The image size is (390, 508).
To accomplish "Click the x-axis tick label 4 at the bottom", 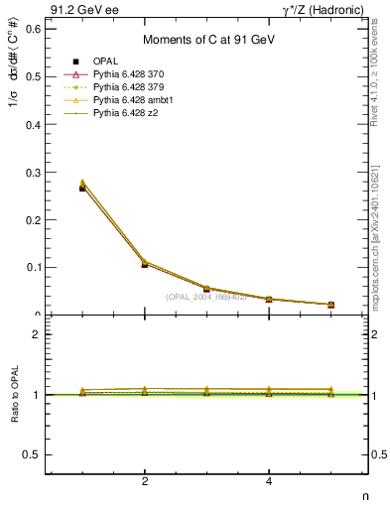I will click(269, 482).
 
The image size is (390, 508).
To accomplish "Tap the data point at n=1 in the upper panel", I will click(82, 187).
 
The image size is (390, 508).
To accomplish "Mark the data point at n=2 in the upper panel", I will click(145, 264).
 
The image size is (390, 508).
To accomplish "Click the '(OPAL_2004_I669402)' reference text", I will click(205, 297).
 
